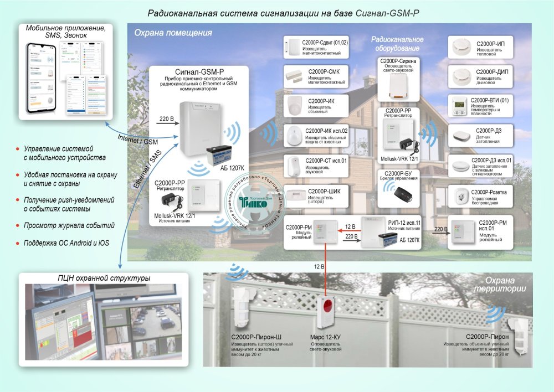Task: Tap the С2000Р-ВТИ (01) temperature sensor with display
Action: click(458, 105)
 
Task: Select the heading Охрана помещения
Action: click(173, 33)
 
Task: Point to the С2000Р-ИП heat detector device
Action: click(459, 47)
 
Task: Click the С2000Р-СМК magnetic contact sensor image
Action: click(291, 75)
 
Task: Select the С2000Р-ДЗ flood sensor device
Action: click(459, 135)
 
